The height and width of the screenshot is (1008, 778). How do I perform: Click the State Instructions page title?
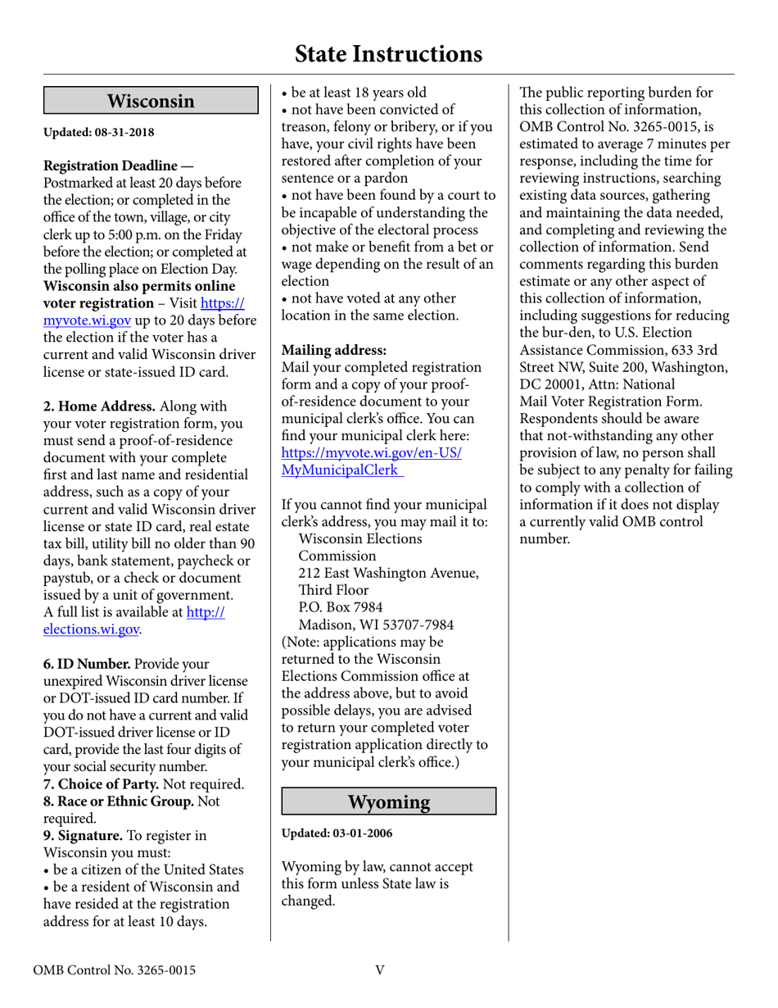click(388, 54)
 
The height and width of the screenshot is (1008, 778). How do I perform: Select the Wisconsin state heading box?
click(151, 102)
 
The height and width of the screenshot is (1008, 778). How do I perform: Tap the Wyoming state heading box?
click(389, 801)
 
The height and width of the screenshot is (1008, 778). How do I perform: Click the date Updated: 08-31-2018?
click(98, 132)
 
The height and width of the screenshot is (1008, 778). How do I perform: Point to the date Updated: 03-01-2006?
click(337, 833)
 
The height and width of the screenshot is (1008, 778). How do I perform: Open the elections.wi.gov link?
click(92, 629)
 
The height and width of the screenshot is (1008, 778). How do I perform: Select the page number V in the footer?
click(380, 971)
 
